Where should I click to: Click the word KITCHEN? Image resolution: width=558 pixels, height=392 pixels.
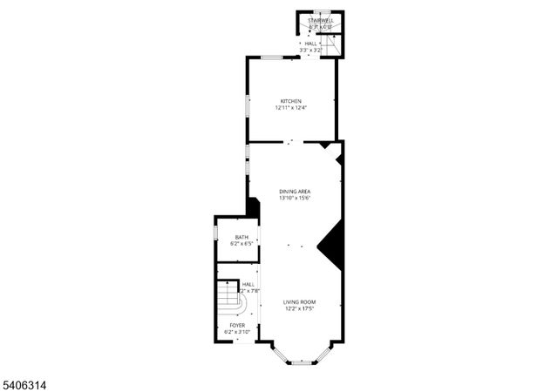pos(290,101)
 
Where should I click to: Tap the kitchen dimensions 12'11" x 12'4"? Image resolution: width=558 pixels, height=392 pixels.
pos(290,108)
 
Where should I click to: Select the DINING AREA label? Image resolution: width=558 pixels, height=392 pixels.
pos(295,192)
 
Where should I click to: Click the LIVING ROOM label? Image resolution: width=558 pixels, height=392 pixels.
pos(298,301)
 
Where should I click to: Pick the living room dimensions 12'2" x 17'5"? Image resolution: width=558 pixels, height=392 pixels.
pos(298,308)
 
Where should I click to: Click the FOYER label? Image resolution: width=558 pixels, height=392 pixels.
pos(237,325)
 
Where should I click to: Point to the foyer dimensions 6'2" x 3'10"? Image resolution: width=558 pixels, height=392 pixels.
pos(237,332)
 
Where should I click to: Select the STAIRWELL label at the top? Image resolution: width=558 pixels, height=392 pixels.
pos(321,21)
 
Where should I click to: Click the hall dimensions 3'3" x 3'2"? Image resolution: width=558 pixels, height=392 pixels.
pos(311,51)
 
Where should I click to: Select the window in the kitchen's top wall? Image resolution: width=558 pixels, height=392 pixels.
pos(270,57)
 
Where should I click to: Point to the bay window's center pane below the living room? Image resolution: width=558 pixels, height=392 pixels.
pos(301,363)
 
